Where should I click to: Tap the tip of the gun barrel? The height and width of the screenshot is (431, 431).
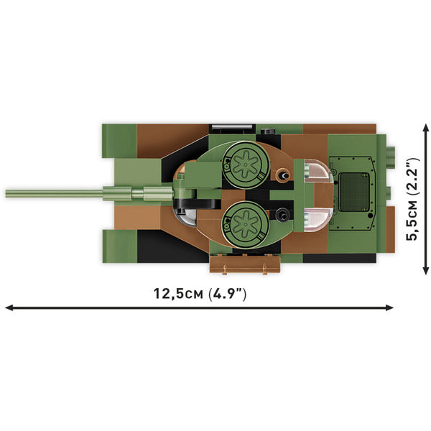coord(7,193)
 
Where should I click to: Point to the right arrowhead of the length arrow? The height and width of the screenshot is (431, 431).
coord(391,307)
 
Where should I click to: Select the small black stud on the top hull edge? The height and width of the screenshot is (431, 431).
coord(267,131)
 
